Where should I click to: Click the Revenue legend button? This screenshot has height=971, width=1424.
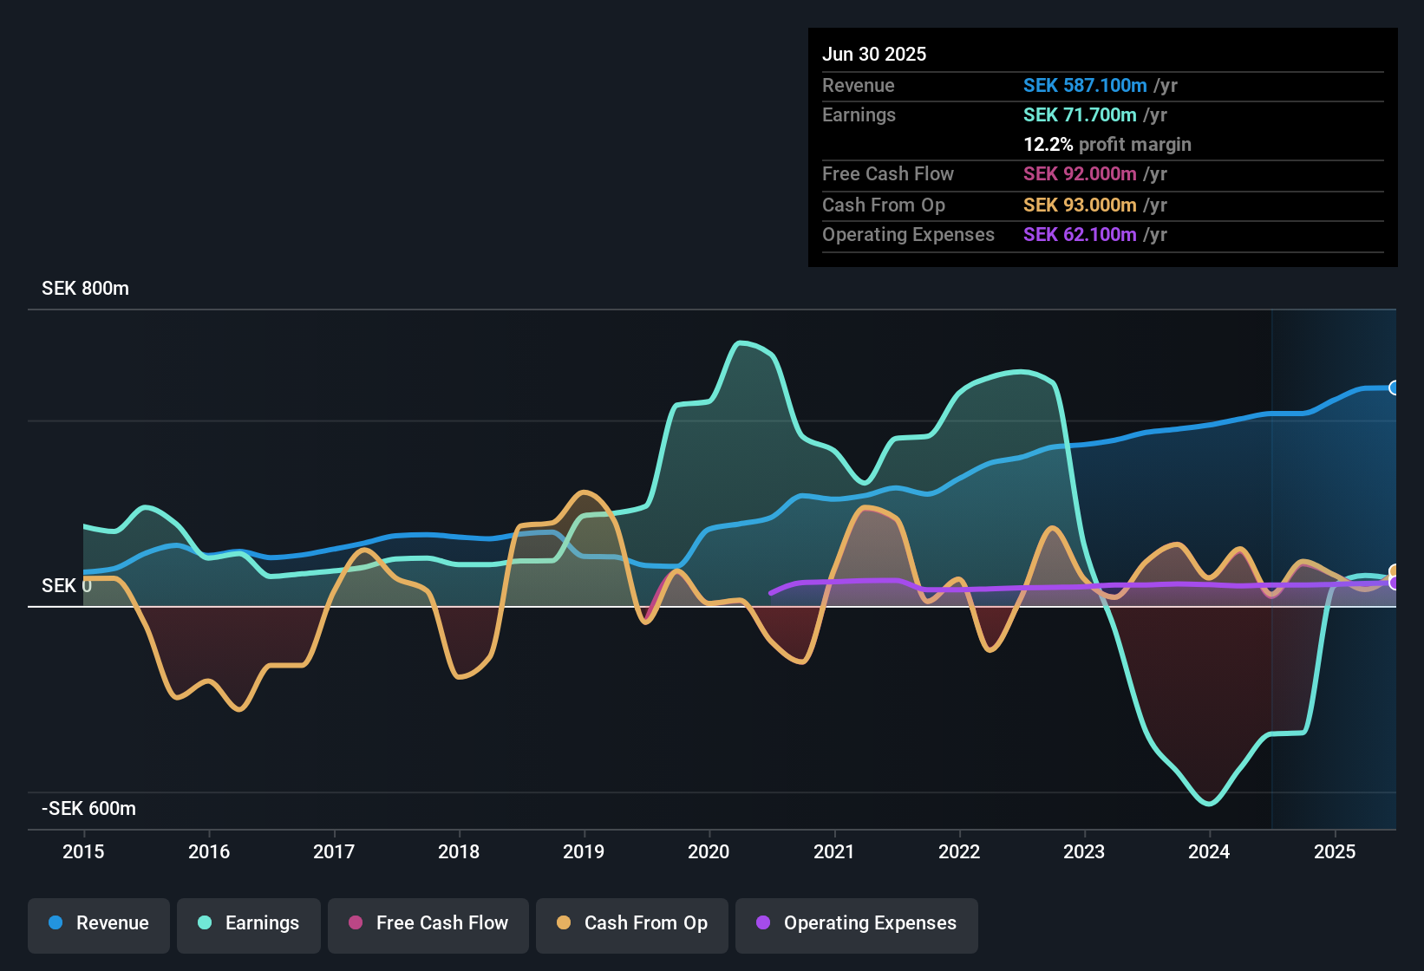coord(99,923)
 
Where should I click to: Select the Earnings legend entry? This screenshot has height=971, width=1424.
coord(248,923)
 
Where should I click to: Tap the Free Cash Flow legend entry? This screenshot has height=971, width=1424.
coord(428,923)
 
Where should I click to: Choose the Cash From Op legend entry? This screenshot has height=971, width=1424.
coord(632,923)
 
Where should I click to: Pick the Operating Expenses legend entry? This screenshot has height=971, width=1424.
coord(857,923)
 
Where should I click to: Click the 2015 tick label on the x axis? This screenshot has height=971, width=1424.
coord(83,851)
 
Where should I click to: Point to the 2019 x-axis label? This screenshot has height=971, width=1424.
coord(584,851)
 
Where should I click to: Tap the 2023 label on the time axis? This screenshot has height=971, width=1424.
coord(1084,851)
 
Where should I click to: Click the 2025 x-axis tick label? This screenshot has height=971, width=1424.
coord(1334,851)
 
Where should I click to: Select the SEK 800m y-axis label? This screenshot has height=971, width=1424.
coord(85,289)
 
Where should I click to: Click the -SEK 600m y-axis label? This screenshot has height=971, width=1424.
coord(88,809)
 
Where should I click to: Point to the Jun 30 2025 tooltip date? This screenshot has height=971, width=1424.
coord(874,54)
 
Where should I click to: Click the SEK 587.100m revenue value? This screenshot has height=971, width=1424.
coord(1085,85)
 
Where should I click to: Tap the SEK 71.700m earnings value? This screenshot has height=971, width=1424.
coord(1080,114)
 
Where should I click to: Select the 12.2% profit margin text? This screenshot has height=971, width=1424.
coord(1107,144)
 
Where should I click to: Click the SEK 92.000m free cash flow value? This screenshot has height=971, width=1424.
coord(1080,173)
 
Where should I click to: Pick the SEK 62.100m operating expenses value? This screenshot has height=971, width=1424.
coord(1080,234)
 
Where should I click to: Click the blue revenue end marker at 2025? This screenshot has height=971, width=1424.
coord(1394,388)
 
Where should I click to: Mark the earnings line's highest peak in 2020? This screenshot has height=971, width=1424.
coord(740,342)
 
